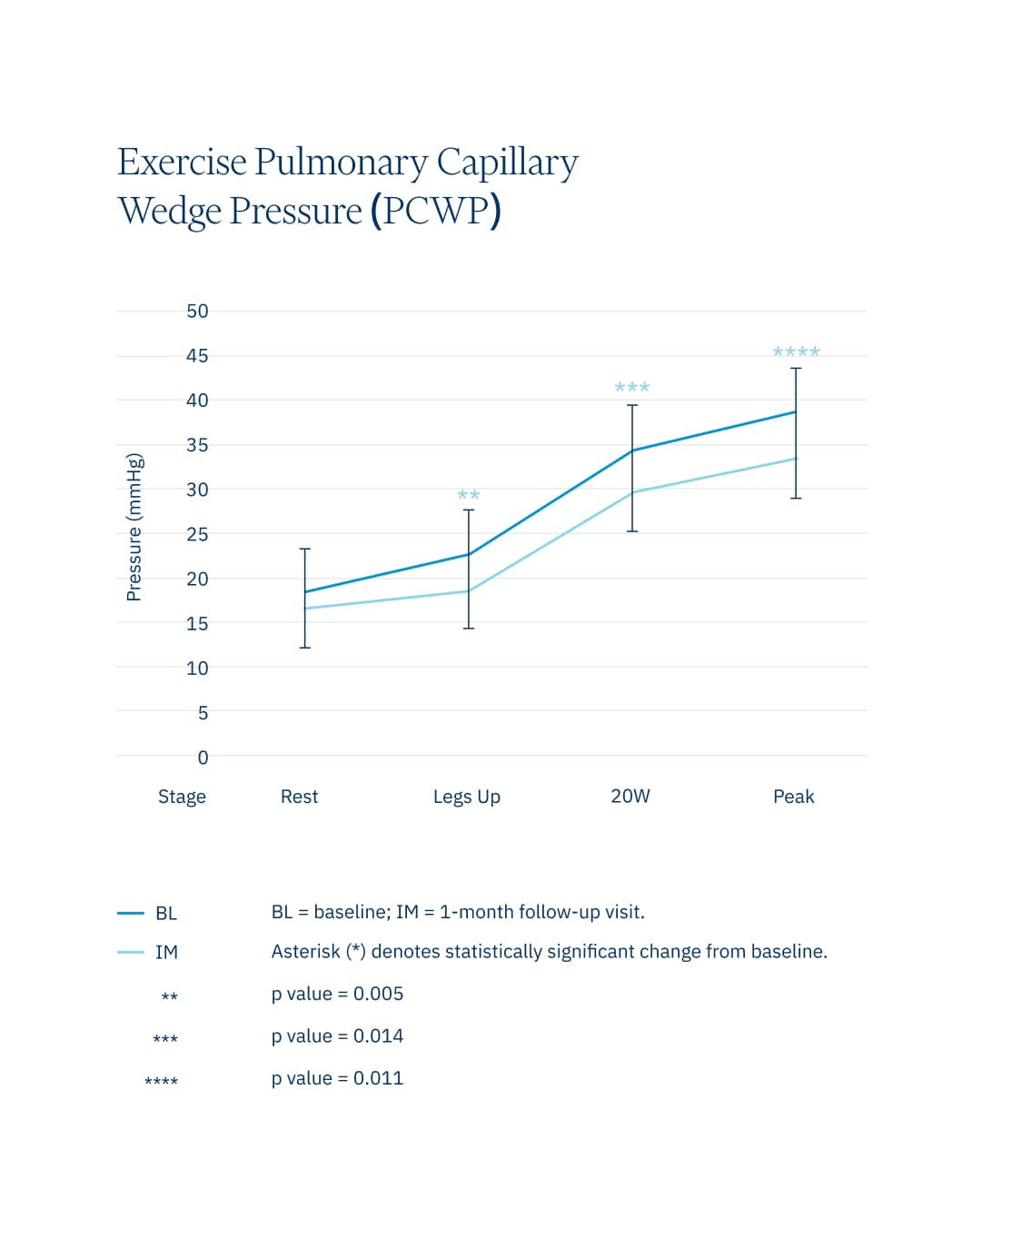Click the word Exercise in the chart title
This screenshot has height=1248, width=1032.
point(183,163)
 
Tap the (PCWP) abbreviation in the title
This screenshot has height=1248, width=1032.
point(435,211)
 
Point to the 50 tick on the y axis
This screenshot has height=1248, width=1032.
point(197,312)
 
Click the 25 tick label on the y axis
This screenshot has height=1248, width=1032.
point(197,534)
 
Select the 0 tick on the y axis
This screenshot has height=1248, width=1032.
point(203,758)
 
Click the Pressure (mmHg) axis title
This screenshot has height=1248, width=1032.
point(134,527)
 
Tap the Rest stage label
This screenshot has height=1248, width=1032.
point(299,797)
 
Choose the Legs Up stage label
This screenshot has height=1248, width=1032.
point(466,797)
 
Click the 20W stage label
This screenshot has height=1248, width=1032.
point(630,797)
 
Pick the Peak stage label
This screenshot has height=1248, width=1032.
point(793,797)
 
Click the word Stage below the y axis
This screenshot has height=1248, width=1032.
point(182,797)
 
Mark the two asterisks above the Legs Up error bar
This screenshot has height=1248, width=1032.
point(469,495)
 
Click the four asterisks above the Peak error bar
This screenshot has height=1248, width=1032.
point(796,352)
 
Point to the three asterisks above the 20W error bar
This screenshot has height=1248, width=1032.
point(632,387)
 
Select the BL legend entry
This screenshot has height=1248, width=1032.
point(165,913)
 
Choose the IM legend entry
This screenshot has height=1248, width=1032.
point(165,952)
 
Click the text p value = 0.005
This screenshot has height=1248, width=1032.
point(337,994)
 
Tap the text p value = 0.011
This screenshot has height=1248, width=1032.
point(337,1078)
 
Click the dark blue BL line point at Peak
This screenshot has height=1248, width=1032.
point(796,412)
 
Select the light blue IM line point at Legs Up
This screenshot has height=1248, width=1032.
point(469,591)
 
